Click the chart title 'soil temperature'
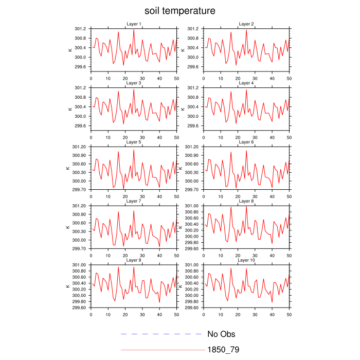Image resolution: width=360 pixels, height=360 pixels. [179, 11]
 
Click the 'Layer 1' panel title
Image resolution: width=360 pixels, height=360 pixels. [134, 24]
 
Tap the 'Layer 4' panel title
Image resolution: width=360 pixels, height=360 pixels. [246, 83]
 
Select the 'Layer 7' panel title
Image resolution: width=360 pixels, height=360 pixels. [134, 201]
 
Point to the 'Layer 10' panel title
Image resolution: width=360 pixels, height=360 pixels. [246, 260]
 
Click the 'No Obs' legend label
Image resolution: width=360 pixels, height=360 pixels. [221, 334]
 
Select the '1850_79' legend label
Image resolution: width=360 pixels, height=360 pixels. [223, 350]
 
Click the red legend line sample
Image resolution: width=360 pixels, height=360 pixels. [162, 350]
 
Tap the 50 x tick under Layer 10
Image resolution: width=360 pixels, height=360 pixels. [289, 314]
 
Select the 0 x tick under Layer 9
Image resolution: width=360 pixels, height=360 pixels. [91, 314]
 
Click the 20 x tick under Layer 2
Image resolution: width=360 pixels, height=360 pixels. [238, 78]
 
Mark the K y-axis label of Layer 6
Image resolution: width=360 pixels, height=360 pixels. [183, 168]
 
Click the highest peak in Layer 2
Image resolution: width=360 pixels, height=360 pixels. [246, 30]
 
